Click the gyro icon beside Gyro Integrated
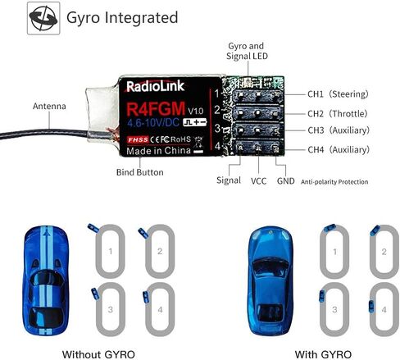43,18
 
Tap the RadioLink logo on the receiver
155,86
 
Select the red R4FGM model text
156,108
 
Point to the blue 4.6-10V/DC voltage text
153,123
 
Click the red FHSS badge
138,139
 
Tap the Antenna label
49,106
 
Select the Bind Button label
140,172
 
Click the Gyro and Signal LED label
247,51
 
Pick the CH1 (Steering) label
338,94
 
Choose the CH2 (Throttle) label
338,113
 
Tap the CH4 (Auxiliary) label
339,149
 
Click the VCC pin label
258,181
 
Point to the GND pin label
286,181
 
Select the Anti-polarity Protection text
334,182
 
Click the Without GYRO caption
98,354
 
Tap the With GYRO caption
323,354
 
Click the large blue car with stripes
46,280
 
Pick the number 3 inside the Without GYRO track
111,310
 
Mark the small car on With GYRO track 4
371,307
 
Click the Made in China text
158,151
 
